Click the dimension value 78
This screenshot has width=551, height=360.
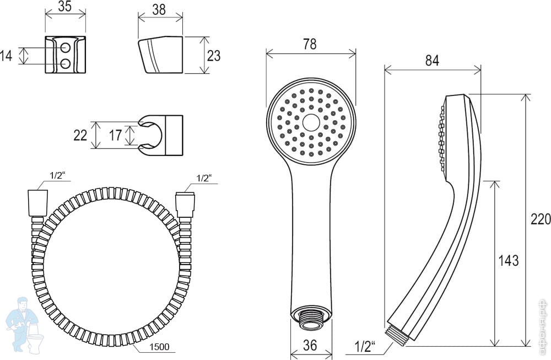point(310,44)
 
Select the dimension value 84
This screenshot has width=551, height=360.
point(432,61)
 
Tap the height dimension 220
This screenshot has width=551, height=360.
point(540,219)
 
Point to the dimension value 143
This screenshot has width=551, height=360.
point(508,260)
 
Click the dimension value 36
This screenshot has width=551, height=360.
point(310,346)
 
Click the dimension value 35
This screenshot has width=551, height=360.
point(65,7)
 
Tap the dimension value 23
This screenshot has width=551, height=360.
point(213,55)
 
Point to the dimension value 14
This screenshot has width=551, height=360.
point(7,55)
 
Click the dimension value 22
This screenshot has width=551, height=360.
point(80,135)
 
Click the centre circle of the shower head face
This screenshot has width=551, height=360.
point(311,122)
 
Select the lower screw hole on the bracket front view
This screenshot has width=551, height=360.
point(66,64)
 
